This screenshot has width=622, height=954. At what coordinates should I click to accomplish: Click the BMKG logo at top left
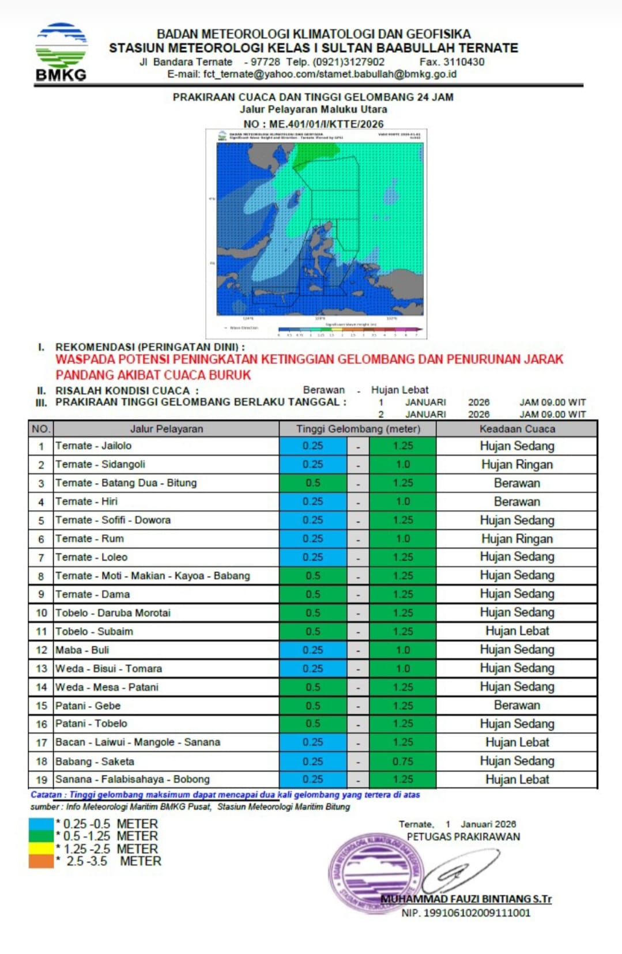(61, 52)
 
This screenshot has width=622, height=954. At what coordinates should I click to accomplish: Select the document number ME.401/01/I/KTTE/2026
(326, 124)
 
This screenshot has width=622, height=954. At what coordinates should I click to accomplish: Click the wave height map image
(316, 233)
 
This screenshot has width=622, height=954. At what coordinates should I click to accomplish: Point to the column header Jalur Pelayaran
(166, 429)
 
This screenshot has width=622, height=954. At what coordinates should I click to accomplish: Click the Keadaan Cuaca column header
(517, 429)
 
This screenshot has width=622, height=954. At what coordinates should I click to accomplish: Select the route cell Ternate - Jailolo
(93, 446)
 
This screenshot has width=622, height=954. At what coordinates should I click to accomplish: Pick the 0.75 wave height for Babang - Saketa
(403, 761)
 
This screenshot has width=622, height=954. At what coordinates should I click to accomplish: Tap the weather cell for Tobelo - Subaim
(517, 631)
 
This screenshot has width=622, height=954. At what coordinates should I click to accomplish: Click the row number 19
(41, 780)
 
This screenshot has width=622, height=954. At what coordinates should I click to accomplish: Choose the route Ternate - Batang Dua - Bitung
(126, 483)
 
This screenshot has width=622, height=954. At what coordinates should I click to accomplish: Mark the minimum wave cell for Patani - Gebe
(313, 706)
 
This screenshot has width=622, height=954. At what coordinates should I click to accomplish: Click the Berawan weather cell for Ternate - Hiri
(517, 501)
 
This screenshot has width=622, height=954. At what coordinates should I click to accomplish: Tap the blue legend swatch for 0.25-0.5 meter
(41, 824)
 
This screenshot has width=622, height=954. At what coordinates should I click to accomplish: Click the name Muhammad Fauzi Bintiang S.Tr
(466, 899)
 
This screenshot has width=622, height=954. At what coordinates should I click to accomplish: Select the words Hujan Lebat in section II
(399, 390)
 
